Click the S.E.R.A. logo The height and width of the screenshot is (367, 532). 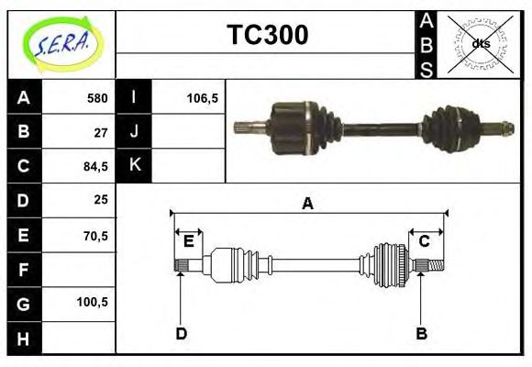(x=61, y=44)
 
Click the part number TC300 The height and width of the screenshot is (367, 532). (x=267, y=35)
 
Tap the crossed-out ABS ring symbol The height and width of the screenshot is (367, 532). (x=480, y=43)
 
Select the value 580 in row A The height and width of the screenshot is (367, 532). (x=97, y=98)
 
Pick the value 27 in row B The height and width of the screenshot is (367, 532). (x=101, y=132)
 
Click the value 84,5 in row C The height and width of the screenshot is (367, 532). (x=96, y=166)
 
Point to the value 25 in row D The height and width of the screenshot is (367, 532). (x=101, y=200)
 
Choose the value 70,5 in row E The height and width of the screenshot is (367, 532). (x=96, y=235)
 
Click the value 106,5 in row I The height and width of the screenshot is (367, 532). (x=202, y=98)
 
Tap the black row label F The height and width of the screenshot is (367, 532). (x=24, y=270)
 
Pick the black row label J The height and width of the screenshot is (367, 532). (x=134, y=132)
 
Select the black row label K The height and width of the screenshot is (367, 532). (x=134, y=166)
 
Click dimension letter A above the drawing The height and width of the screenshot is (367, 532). (x=308, y=204)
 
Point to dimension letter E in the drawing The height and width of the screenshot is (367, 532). (x=188, y=241)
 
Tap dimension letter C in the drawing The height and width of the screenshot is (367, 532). (x=425, y=241)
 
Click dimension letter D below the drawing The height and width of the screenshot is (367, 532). (x=181, y=333)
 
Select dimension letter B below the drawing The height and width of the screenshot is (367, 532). (x=422, y=333)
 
